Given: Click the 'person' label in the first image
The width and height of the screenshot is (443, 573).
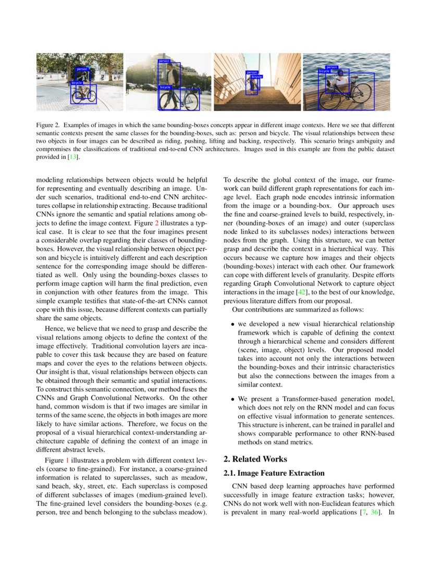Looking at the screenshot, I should click(x=82, y=69).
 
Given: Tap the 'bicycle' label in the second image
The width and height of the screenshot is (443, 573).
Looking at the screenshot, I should click(x=165, y=87).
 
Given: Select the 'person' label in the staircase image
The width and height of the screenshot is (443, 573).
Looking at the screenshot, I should click(x=252, y=72).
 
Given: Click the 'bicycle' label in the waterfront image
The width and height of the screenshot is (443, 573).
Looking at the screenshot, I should click(x=324, y=71).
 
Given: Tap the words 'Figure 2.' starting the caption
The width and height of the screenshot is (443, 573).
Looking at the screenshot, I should click(x=48, y=126).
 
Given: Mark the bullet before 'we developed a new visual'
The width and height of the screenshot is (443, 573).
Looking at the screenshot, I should click(x=233, y=325).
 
